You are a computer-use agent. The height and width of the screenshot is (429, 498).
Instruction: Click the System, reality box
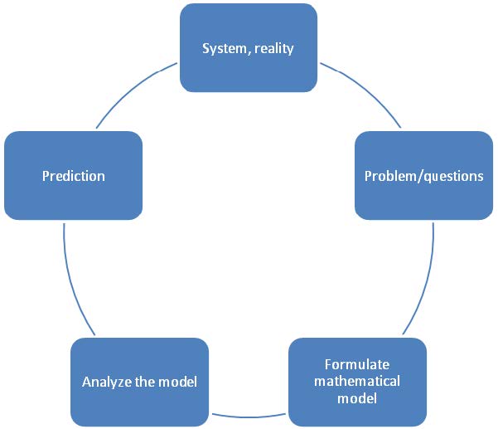coord(249,47)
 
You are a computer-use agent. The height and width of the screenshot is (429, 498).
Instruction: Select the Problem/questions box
coord(423,176)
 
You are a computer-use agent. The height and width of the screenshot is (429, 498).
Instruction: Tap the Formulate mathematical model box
coord(357,382)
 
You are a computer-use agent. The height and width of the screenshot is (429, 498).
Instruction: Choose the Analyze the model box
coord(139,382)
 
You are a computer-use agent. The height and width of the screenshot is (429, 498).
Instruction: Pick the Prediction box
coord(74,176)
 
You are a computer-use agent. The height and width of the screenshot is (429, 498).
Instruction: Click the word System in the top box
coord(225,49)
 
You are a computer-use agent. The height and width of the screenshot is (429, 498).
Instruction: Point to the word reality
coord(274,49)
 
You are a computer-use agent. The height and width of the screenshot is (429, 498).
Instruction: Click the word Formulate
coord(357,364)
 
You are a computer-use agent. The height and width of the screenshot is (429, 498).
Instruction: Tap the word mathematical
coord(357,381)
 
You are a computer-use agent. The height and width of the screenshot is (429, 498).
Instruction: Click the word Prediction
coord(74,176)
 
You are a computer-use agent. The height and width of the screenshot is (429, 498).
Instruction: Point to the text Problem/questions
coord(423,176)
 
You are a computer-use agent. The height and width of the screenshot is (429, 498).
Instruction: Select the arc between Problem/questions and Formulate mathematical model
coord(426,281)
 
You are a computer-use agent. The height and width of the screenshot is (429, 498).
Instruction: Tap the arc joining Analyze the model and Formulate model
coord(249,417)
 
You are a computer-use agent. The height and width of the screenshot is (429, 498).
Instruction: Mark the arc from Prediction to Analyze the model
coord(72,281)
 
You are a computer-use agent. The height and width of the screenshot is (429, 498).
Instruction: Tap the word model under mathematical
coord(357,398)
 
